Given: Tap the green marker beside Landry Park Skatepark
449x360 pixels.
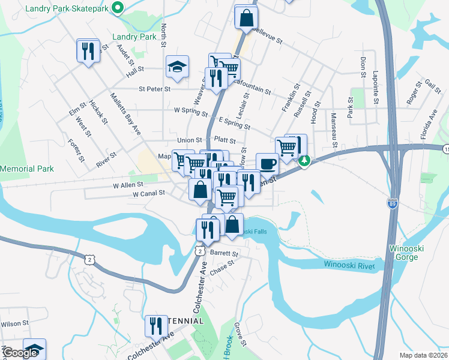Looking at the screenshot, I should click(x=118, y=8).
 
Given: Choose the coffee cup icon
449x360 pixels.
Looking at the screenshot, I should click(x=267, y=163).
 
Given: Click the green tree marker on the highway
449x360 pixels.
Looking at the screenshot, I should click(x=305, y=161).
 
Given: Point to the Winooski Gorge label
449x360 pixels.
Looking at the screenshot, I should click(x=414, y=253).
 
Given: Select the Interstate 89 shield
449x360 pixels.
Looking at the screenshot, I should click(x=393, y=203).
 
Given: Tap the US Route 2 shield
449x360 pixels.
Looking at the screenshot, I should click(x=89, y=259).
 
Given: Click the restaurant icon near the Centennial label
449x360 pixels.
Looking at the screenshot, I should click(x=156, y=326).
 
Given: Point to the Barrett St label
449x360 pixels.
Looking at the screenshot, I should click(x=224, y=254).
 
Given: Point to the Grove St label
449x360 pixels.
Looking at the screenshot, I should click(x=240, y=334).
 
